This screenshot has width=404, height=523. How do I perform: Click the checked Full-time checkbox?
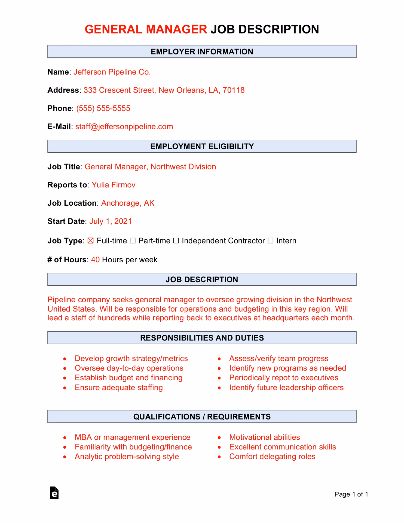click(91, 241)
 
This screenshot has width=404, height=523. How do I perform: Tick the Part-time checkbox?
click(133, 241)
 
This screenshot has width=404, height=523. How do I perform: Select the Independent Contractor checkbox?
click(176, 241)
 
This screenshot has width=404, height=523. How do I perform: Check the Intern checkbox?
click(270, 241)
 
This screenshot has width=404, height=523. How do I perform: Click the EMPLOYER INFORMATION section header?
click(202, 51)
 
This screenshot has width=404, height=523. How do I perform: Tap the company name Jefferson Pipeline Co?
click(112, 72)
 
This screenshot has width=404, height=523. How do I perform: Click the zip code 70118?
click(233, 90)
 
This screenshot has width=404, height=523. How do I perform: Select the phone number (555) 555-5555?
click(103, 108)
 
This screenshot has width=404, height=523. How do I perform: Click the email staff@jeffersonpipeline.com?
click(124, 127)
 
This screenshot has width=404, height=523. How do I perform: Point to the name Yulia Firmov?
click(113, 185)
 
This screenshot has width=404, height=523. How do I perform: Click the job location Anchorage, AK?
click(128, 203)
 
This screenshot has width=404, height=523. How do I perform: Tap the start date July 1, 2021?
click(110, 221)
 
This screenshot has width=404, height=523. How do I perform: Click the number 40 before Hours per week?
click(95, 260)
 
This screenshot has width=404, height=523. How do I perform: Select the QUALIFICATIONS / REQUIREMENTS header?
click(202, 416)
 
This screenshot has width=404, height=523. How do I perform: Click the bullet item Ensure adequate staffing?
click(119, 387)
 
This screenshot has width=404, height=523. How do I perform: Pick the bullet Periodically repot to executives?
click(283, 378)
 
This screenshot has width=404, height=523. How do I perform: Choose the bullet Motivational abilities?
click(264, 437)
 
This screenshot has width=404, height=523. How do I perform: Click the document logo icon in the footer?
click(54, 493)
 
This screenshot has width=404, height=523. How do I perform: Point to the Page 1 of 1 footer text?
click(351, 494)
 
